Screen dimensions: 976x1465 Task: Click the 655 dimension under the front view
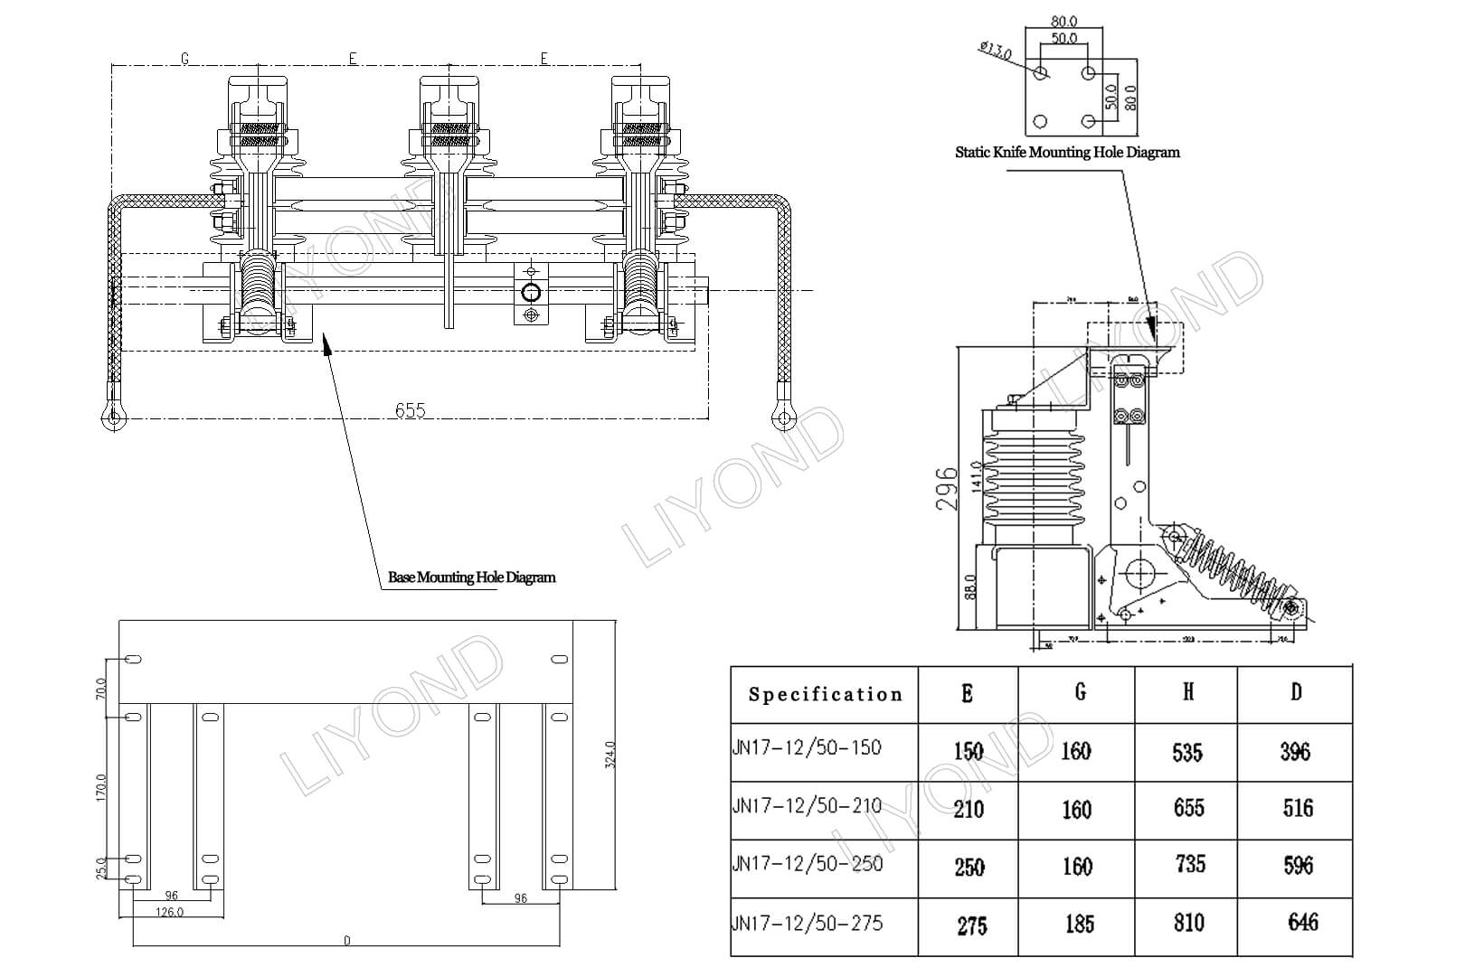click(x=410, y=410)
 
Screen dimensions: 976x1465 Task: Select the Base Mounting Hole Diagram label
click(x=471, y=577)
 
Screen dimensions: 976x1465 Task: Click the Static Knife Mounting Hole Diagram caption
click(x=1067, y=152)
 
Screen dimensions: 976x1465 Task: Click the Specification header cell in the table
click(x=825, y=694)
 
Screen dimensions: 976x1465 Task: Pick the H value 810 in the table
click(x=1188, y=922)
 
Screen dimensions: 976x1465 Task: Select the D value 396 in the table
click(x=1295, y=751)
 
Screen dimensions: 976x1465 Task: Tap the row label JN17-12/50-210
click(x=807, y=806)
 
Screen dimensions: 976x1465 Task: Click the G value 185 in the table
click(x=1079, y=924)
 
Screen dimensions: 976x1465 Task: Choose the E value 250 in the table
click(x=969, y=867)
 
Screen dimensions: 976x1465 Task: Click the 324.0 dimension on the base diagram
click(x=610, y=755)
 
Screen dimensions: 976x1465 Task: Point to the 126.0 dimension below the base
click(x=169, y=912)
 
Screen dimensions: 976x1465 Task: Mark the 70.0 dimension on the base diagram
click(x=100, y=689)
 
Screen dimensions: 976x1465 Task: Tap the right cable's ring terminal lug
click(x=783, y=416)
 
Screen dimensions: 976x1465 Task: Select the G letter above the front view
click(x=184, y=59)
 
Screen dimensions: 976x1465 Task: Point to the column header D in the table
click(x=1296, y=692)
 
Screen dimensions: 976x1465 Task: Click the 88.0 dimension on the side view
click(x=970, y=587)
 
